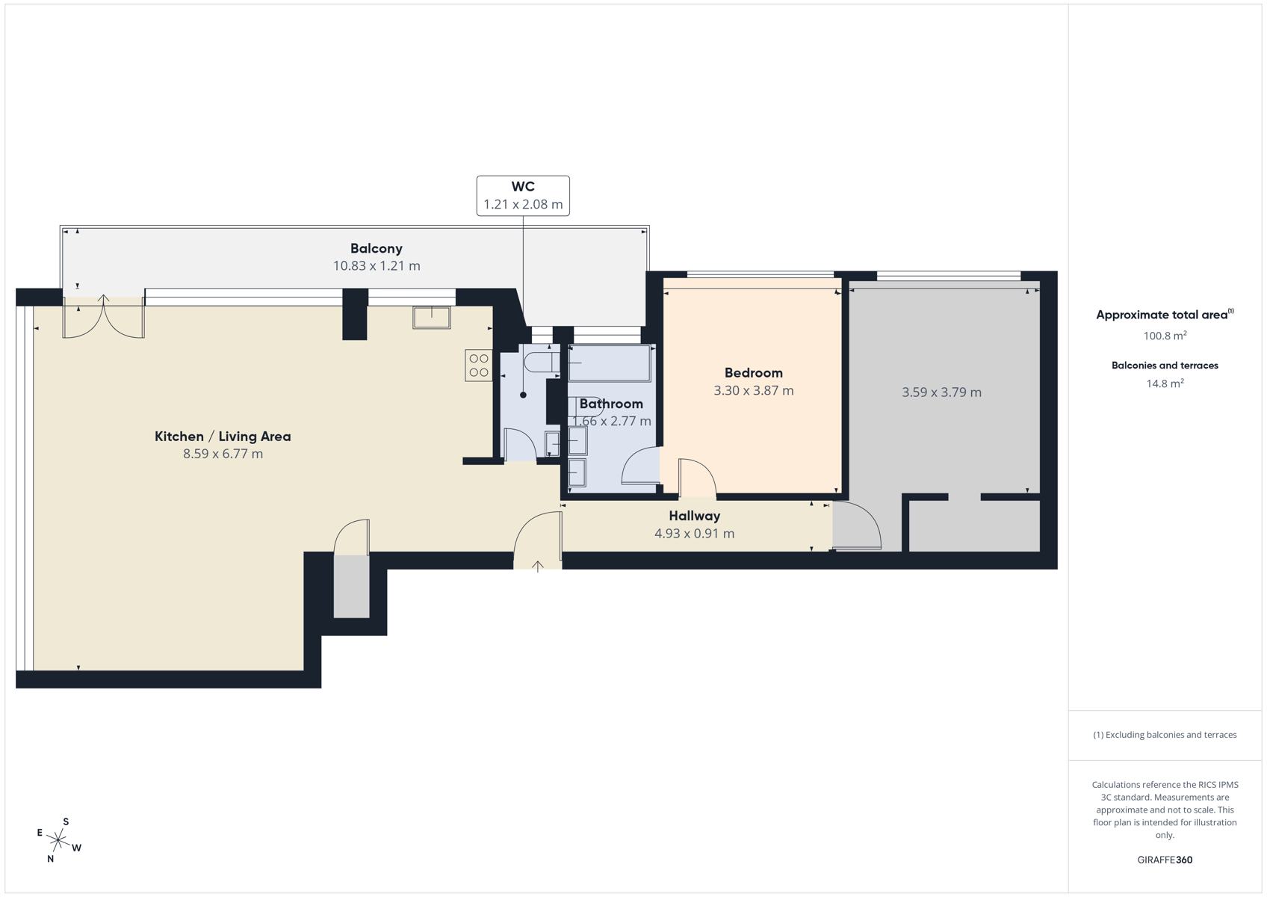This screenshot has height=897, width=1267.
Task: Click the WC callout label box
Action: click(523, 196)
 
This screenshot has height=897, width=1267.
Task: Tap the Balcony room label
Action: click(377, 248)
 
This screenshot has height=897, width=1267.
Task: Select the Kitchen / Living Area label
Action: click(223, 437)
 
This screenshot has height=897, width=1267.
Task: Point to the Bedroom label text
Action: click(754, 373)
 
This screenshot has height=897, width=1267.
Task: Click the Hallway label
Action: click(695, 516)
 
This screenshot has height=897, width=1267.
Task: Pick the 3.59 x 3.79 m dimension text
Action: click(941, 392)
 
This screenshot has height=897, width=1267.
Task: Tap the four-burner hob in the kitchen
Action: click(479, 365)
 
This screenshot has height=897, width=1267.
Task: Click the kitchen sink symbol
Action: click(432, 317)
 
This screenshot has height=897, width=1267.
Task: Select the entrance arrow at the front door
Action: click(537, 566)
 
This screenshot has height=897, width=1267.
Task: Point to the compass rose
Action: click(58, 840)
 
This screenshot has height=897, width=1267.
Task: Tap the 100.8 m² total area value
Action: click(1165, 336)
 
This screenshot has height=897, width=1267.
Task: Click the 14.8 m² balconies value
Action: click(1165, 383)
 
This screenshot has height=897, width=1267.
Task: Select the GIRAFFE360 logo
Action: click(1165, 860)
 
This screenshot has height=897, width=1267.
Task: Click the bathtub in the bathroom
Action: click(609, 363)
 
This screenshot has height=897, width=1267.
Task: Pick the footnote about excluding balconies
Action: click(1165, 735)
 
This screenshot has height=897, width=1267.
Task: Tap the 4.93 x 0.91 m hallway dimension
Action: click(695, 533)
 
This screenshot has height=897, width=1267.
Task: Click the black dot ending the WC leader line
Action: click(523, 395)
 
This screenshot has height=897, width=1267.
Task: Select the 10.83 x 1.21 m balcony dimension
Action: click(377, 265)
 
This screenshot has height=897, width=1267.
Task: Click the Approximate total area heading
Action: click(1165, 315)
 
